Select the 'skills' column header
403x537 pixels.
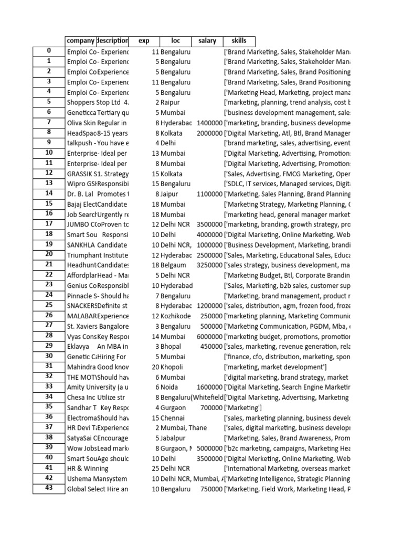click(x=239, y=41)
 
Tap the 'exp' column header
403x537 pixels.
click(x=144, y=41)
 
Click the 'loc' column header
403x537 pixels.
click(x=175, y=41)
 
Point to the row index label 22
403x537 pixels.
click(x=49, y=275)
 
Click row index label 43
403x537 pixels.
click(x=49, y=489)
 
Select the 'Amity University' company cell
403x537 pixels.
click(x=97, y=387)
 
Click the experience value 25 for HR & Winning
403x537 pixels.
click(x=155, y=468)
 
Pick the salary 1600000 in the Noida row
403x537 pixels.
click(x=209, y=387)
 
